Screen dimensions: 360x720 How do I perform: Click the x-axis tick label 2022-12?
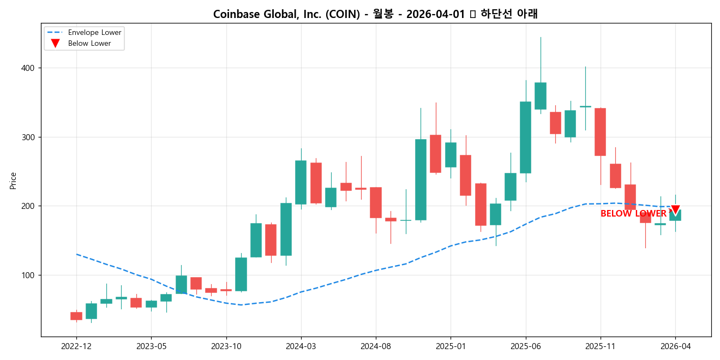(76, 346)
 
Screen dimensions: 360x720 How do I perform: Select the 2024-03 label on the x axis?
(301, 346)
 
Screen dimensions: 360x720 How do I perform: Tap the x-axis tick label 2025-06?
(525, 346)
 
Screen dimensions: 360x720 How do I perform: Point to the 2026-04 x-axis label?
(675, 346)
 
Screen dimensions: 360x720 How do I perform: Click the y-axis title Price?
(13, 181)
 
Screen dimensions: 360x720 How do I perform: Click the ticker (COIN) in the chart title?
(342, 14)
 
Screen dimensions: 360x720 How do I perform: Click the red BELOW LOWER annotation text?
(633, 214)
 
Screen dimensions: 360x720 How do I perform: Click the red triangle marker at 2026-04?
(675, 210)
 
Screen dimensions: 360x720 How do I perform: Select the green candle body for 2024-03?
(301, 182)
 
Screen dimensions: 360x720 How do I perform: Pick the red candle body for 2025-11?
(600, 132)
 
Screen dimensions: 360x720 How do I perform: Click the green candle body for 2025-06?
(525, 137)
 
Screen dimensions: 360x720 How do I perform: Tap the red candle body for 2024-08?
(376, 202)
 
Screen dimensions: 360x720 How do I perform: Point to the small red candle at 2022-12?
(76, 316)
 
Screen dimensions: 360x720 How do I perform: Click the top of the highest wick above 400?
(541, 38)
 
